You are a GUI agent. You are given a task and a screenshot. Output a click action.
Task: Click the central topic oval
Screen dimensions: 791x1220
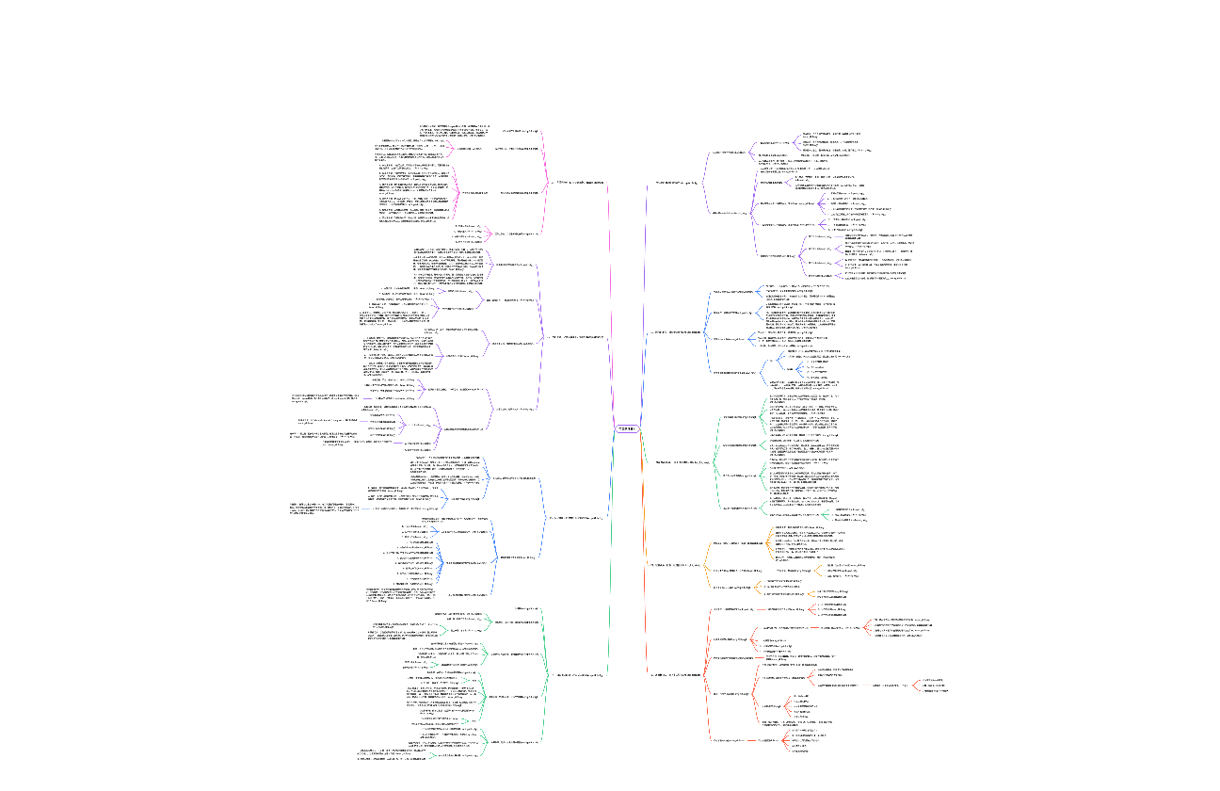pos(627,428)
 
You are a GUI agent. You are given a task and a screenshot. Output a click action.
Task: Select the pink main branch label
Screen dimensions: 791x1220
pos(578,183)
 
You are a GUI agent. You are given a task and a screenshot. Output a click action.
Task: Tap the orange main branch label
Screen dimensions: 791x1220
pos(676,565)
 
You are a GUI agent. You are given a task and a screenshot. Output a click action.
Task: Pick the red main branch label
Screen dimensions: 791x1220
pos(675,674)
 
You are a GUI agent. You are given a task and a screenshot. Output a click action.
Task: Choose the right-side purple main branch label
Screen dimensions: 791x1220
pos(676,182)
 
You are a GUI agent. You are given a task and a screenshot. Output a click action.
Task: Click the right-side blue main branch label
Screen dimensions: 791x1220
pos(678,332)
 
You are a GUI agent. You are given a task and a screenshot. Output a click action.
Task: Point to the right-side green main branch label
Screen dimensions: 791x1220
pos(682,462)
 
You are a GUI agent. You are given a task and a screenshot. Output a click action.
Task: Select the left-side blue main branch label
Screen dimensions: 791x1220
pos(575,518)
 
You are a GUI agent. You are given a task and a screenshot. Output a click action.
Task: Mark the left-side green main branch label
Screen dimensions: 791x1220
pos(578,674)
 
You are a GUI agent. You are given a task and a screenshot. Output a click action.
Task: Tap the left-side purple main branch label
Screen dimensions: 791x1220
pos(577,337)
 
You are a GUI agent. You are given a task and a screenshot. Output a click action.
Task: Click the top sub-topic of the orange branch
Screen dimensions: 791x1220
pos(737,543)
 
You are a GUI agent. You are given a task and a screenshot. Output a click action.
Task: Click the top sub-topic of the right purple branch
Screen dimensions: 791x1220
pos(733,152)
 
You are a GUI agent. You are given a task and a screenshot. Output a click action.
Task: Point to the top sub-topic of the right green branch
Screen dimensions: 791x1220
pos(739,416)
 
